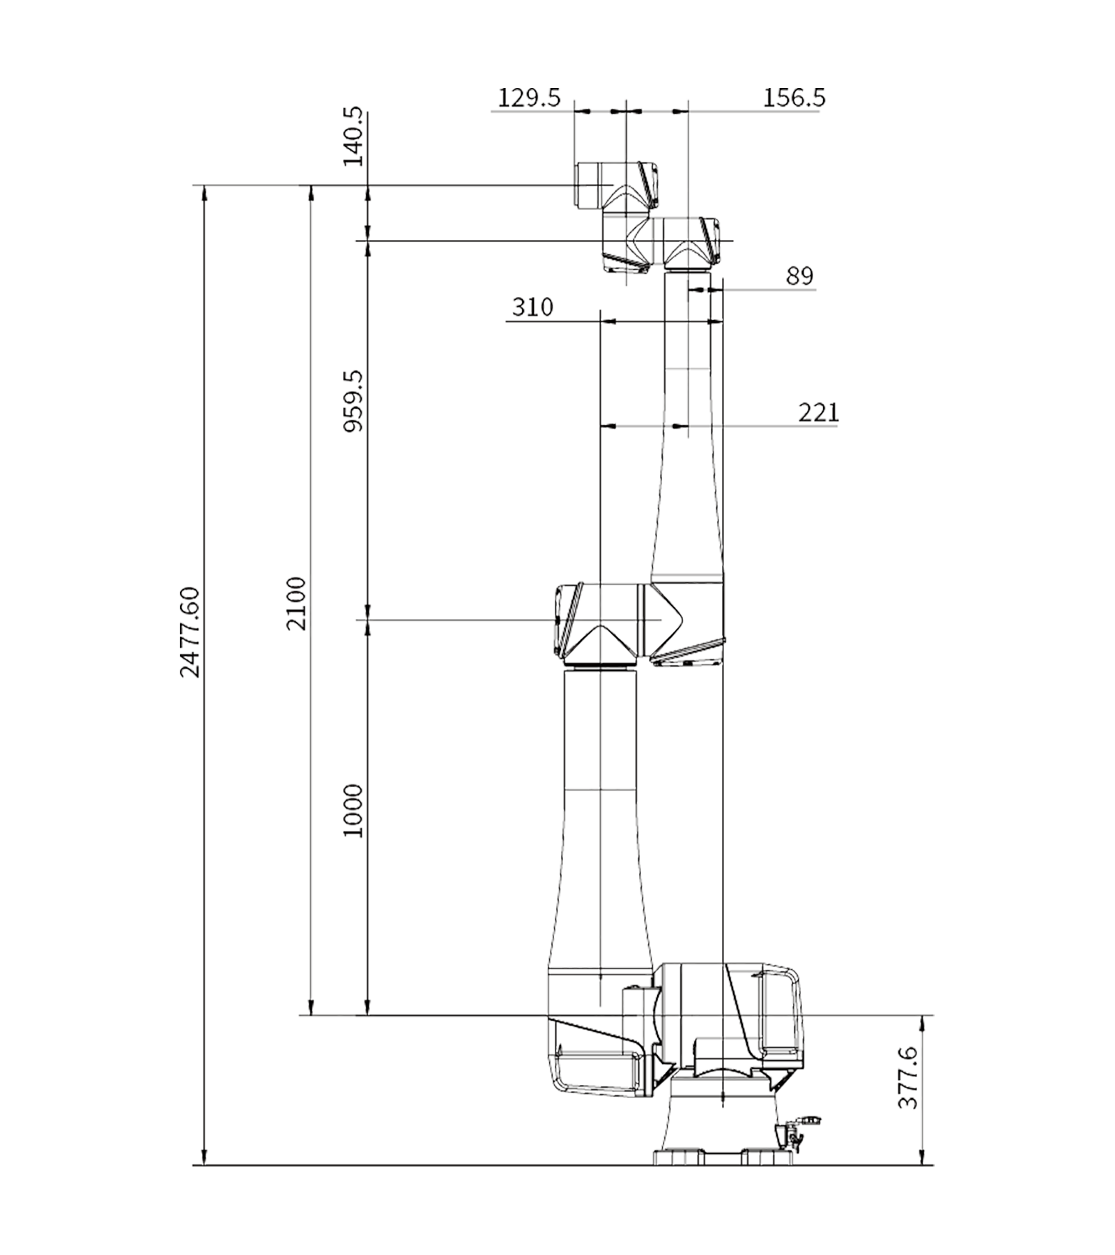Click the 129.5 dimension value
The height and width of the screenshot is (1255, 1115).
529,98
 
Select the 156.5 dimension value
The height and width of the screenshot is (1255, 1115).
794,98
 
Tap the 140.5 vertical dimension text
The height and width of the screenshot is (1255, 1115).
353,136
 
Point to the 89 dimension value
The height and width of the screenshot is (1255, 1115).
800,276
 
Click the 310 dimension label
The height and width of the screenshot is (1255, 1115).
532,307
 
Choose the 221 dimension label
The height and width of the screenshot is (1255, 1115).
818,413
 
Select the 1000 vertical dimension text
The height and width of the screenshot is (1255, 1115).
353,811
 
